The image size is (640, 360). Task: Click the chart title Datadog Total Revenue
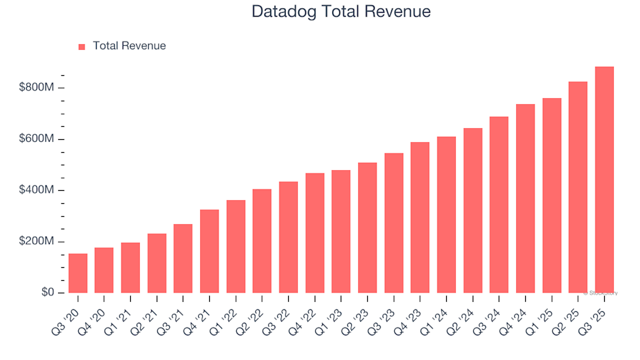[341, 11]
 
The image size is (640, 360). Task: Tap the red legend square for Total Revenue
[82, 47]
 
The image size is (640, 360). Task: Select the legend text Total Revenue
[129, 46]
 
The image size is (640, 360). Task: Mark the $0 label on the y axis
[48, 293]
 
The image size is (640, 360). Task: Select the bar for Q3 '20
[78, 273]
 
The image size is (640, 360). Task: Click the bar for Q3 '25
[605, 180]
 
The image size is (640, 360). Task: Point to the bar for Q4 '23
[420, 217]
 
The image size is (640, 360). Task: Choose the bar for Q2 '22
[262, 241]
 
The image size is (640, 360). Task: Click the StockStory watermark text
[601, 293]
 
